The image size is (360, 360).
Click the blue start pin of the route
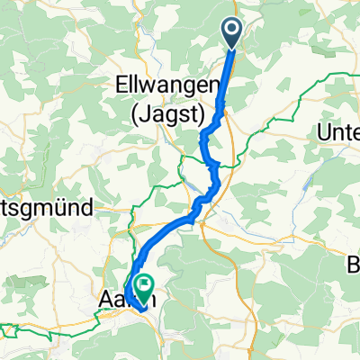tap(231, 34)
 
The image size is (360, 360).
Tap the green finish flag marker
tap(143, 288)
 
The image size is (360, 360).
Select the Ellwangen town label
tap(169, 85)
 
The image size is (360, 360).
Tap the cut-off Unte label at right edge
tap(340, 133)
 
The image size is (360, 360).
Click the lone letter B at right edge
tap(354, 267)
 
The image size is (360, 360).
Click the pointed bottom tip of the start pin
tap(231, 48)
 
